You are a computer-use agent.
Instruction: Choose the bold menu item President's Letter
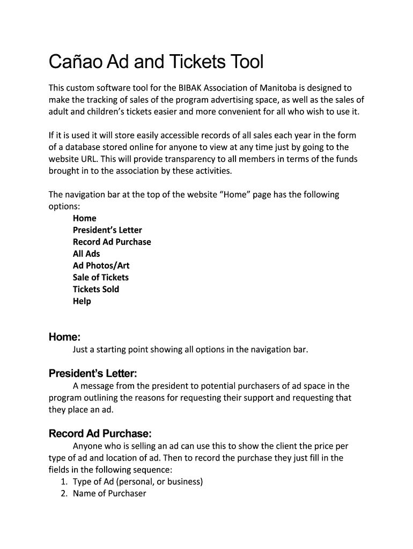pos(107,230)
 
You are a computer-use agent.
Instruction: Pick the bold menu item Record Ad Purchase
pos(112,242)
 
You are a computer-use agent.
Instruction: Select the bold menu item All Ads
pos(86,254)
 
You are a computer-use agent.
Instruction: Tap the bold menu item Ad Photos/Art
pos(101,265)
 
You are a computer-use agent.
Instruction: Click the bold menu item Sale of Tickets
pos(101,277)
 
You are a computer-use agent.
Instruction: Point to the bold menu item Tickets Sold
pos(96,289)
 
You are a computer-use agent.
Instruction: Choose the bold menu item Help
pos(82,301)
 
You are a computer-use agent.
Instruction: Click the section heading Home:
pos(64,337)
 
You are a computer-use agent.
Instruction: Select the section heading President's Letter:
pos(93,373)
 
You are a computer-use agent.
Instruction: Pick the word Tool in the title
pos(246,63)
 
